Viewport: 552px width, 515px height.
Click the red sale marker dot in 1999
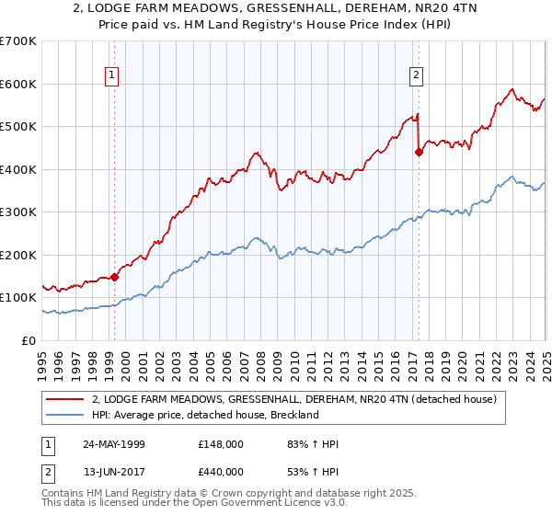click(x=115, y=277)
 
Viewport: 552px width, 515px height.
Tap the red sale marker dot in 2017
click(x=419, y=153)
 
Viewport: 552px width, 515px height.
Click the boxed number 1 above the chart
click(x=111, y=75)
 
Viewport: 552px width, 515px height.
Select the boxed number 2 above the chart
click(x=417, y=75)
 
